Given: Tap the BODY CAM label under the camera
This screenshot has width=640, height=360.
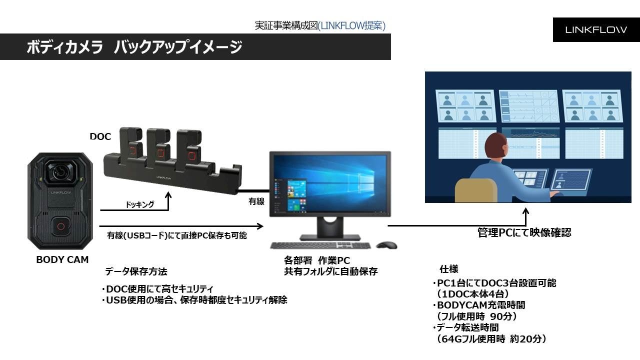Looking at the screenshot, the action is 62,259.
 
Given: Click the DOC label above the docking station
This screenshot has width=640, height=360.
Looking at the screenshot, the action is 100,136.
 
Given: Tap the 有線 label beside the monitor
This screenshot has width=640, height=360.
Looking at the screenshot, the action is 256,201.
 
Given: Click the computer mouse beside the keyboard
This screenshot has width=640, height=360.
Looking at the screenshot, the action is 386,245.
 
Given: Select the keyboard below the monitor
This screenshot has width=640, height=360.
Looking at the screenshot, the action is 320,245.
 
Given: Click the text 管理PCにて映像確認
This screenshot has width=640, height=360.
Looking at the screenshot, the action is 524,232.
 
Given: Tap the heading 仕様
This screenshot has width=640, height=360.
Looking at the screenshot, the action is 448,269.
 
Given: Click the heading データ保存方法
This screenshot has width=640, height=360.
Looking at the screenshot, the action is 136,271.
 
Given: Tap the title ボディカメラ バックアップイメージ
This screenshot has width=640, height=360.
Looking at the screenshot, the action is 134,47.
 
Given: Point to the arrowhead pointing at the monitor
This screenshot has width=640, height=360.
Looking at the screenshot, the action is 260,225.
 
